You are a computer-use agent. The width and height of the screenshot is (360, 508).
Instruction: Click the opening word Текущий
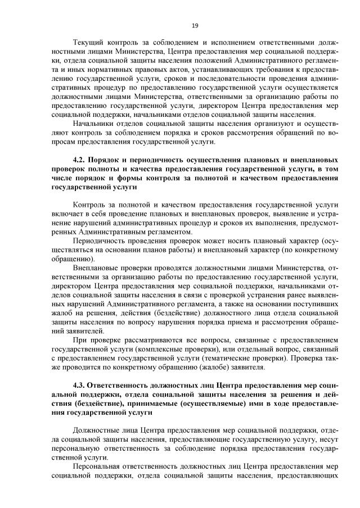tap(89, 43)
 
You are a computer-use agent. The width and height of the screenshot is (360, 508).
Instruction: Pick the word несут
tap(328, 441)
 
